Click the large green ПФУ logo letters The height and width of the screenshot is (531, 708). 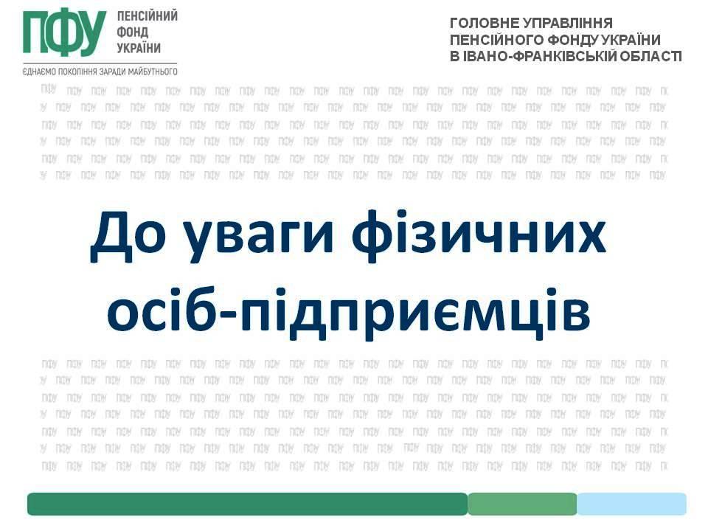65,33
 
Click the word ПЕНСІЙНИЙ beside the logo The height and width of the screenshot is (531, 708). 147,15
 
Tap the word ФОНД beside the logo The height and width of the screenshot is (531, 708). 132,32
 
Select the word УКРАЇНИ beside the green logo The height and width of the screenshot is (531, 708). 139,47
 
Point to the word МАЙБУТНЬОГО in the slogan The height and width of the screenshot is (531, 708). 153,72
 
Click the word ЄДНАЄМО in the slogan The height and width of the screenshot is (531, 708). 39,72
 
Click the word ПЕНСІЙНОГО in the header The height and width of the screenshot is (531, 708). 496,40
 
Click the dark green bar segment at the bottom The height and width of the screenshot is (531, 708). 248,504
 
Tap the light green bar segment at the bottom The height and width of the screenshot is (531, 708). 522,504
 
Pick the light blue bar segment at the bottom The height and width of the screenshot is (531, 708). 632,504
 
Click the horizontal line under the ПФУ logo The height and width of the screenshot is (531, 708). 100,63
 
